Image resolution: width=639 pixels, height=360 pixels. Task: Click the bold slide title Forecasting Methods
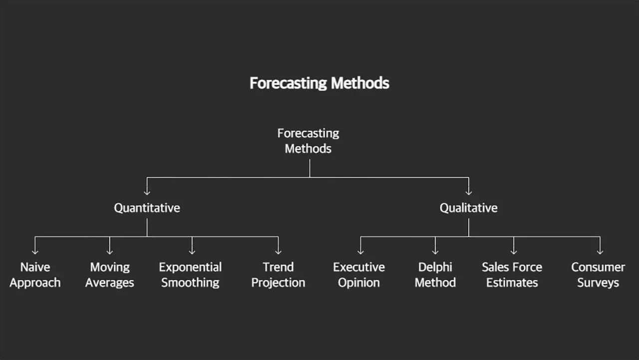319,83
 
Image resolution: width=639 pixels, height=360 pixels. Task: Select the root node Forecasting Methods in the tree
308,141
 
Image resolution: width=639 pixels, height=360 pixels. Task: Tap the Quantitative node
147,208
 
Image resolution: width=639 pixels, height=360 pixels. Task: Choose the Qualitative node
468,208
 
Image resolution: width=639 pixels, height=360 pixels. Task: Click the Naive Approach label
35,275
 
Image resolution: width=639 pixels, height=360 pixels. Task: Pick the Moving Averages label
110,275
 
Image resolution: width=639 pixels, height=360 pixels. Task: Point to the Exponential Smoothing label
190,275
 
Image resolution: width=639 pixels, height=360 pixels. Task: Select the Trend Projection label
278,275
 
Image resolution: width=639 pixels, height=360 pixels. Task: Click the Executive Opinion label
359,275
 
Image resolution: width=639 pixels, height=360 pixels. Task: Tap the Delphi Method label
435,275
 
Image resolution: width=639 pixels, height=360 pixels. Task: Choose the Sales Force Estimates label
512,275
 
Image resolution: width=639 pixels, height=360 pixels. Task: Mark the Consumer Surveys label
598,275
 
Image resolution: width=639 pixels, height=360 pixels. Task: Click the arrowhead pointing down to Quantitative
147,191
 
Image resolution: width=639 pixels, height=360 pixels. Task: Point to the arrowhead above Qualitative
468,191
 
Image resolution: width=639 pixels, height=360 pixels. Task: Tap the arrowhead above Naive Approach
35,251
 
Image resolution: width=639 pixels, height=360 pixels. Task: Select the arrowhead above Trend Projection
278,251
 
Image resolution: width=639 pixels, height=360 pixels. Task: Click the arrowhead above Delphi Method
435,251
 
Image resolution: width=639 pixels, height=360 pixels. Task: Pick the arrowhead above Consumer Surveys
600,251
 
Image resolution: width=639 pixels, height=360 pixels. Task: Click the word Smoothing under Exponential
190,283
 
